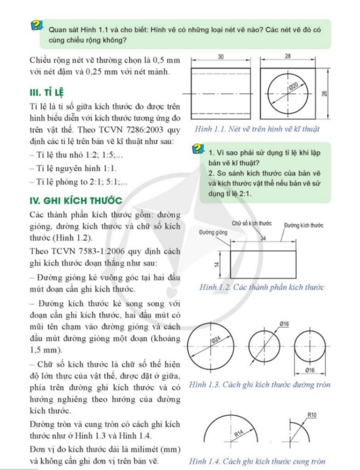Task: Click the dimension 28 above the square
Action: [287, 56]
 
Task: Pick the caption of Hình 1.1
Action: [256, 129]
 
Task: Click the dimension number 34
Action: [263, 237]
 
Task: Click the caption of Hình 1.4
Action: [257, 461]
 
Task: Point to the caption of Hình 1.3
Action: [259, 385]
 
